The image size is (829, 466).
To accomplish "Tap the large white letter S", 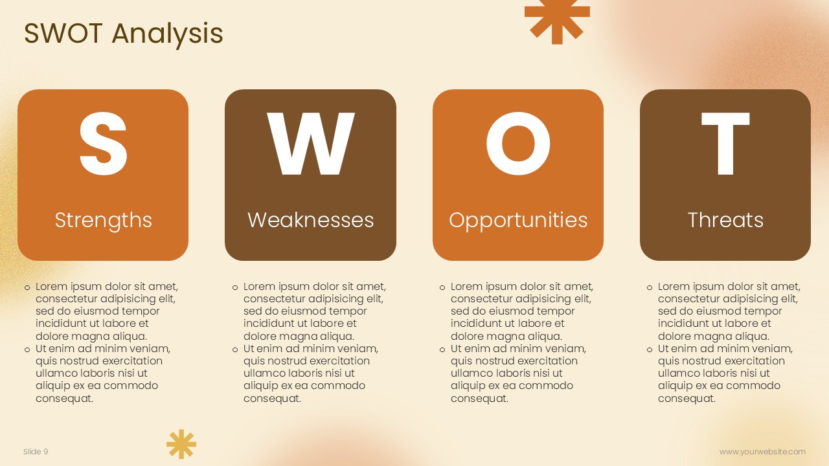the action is click(x=103, y=144).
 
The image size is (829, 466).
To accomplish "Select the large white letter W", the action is click(x=310, y=144).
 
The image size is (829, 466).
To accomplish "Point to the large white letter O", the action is click(x=518, y=144).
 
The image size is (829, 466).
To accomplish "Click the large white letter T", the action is click(x=725, y=144).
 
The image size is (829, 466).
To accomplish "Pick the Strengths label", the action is click(x=103, y=221).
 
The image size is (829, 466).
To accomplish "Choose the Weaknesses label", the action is click(x=310, y=220).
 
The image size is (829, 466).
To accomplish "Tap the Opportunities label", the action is click(x=518, y=221).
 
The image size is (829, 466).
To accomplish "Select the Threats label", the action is click(x=725, y=220).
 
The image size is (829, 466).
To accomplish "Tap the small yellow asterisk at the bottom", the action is click(x=181, y=444).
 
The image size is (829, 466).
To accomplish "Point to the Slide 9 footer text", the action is click(x=36, y=452).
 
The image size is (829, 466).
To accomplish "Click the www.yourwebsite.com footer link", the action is click(x=762, y=452).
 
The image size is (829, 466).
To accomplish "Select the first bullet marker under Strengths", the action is click(x=27, y=288).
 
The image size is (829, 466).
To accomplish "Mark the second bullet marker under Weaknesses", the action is click(x=235, y=350).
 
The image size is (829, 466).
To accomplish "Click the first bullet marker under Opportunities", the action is click(x=442, y=288).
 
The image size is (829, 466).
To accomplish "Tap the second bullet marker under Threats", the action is click(x=650, y=350).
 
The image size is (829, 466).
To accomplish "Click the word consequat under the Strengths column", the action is click(x=64, y=399).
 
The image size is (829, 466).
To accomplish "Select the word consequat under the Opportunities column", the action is click(x=480, y=399).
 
